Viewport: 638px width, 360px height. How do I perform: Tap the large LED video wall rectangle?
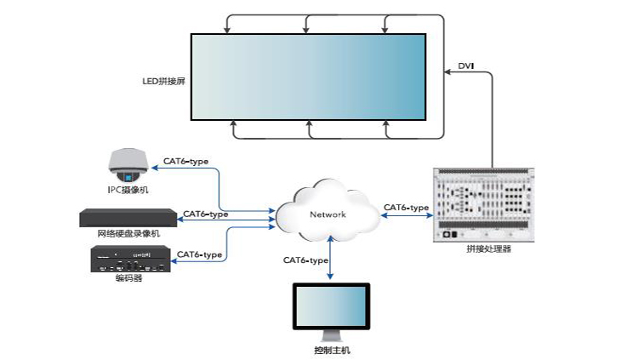coord(307,77)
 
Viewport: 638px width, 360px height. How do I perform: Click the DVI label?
coord(466,66)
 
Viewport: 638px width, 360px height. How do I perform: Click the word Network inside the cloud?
coord(328,214)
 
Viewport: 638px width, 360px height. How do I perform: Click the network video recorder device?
coord(128,217)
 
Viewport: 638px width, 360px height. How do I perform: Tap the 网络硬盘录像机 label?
coord(128,233)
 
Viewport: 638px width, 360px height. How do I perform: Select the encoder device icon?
coord(128,259)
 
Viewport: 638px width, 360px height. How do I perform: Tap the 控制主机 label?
coord(331,350)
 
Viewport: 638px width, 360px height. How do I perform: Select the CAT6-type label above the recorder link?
coord(205,214)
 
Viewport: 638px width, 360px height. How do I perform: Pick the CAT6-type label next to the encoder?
coord(199,254)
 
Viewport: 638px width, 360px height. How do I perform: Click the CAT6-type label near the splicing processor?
coord(406,207)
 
